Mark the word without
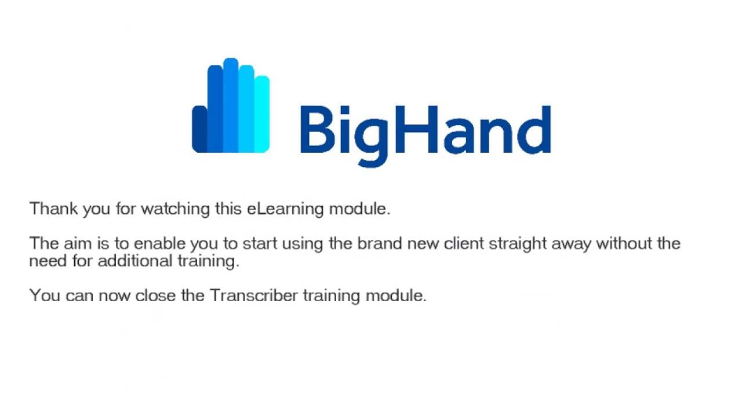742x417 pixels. pyautogui.click(x=624, y=243)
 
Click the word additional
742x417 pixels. pyautogui.click(x=134, y=261)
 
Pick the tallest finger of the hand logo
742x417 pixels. pyautogui.click(x=231, y=104)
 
